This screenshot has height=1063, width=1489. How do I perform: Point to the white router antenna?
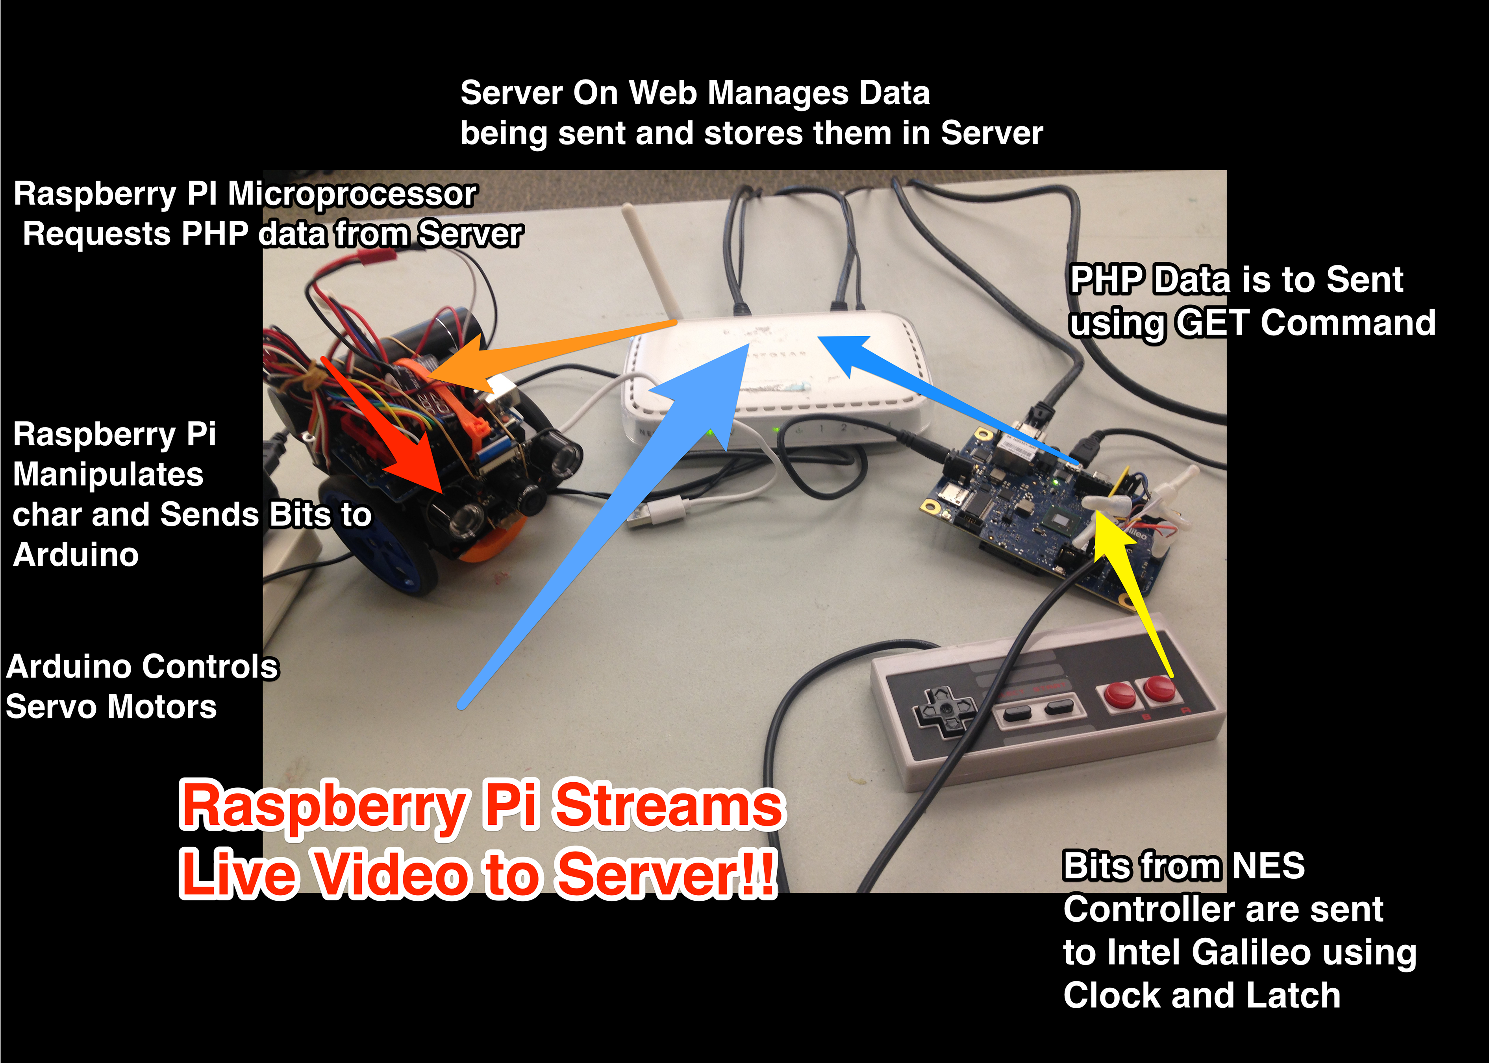point(648,262)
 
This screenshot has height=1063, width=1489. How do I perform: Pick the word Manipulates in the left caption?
point(108,474)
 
